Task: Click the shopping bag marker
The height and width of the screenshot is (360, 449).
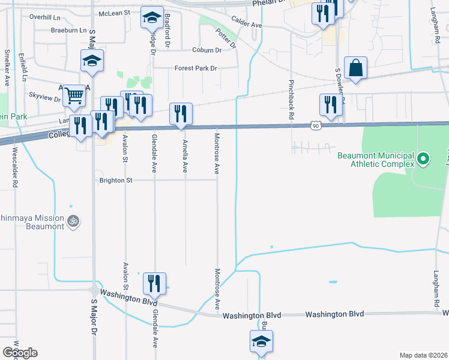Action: point(356,68)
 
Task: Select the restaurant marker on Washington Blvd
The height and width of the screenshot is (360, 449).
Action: point(154,284)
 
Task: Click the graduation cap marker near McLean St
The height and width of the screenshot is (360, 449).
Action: point(152,17)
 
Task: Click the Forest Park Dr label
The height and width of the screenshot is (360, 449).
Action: point(196,68)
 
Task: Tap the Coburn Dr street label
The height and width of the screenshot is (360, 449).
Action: point(208,50)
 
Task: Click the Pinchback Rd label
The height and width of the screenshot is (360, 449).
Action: point(291,100)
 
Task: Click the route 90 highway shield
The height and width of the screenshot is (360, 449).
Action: point(316,126)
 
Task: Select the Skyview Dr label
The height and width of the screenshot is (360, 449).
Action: point(45,95)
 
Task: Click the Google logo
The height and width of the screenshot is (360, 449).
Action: point(20,353)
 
